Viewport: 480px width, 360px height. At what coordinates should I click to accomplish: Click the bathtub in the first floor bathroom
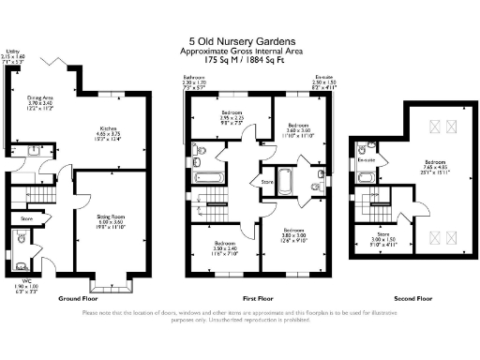click(210, 174)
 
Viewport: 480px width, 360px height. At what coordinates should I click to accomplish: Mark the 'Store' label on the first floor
click(266, 182)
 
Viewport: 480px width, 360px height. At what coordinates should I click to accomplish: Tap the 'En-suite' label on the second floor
click(367, 160)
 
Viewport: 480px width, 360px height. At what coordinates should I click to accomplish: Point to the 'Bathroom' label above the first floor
click(193, 76)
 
